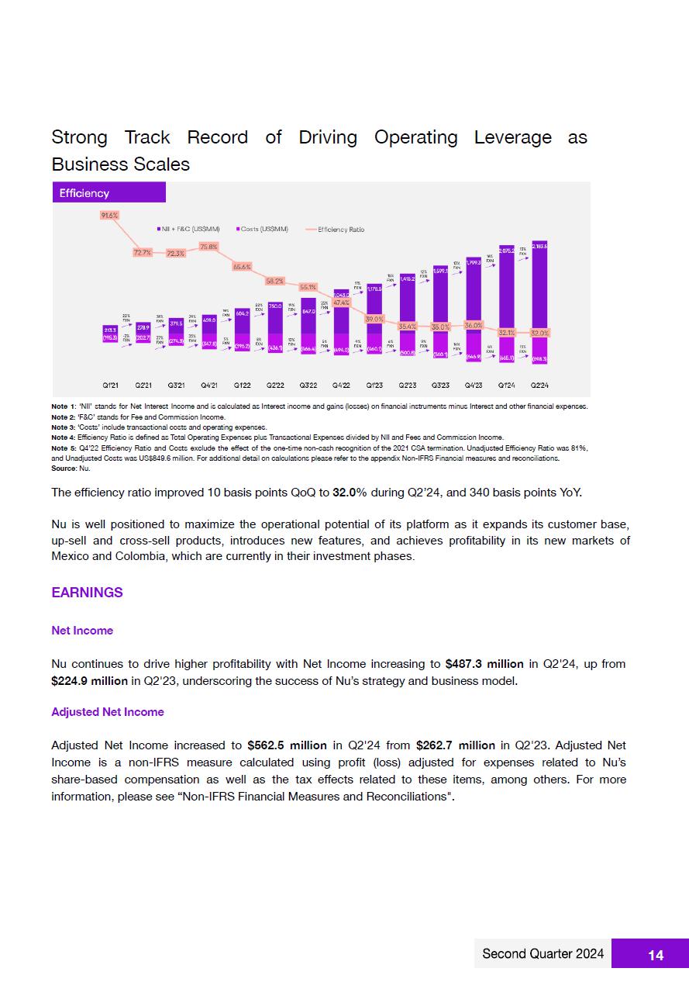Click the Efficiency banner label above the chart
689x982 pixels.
86,193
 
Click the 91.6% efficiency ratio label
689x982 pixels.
109,215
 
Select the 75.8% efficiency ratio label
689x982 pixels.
208,247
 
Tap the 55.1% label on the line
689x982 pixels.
308,287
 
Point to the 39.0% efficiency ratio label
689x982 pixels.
374,319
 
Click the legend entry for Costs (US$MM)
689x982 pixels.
262,230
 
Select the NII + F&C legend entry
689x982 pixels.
188,230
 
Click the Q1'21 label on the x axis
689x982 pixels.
111,385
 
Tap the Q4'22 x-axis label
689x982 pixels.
341,385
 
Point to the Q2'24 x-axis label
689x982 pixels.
539,385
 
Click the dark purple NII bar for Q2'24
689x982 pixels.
540,295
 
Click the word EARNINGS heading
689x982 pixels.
87,593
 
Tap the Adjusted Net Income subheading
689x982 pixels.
108,712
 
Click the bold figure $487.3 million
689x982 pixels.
484,664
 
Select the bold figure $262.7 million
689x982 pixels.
455,745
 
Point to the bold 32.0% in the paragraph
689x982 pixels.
350,493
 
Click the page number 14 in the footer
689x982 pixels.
656,955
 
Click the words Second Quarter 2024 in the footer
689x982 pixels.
543,954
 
